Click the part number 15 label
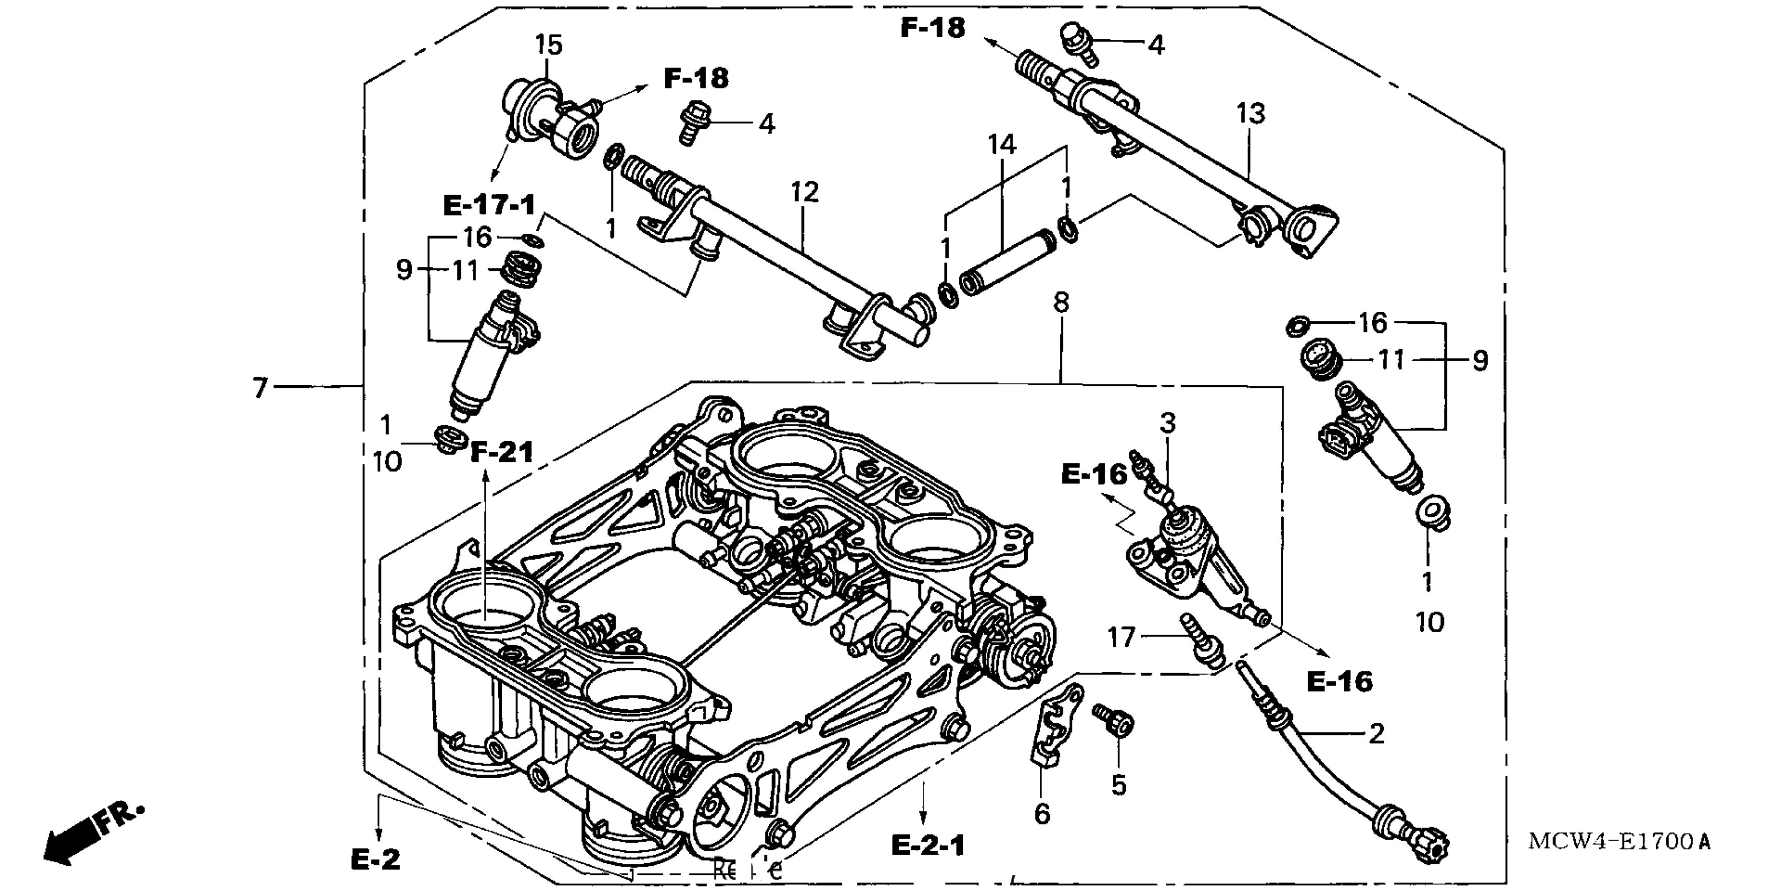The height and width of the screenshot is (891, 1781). (549, 46)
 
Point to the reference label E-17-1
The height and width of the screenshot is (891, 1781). (489, 205)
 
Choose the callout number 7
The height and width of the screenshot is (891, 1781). (260, 388)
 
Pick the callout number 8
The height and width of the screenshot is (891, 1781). (1061, 302)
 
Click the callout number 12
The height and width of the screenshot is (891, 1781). (805, 192)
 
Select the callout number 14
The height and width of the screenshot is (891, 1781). (1002, 145)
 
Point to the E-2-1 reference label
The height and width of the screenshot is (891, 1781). (928, 845)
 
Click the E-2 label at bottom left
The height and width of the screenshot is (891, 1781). (376, 860)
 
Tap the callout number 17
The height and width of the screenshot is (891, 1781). (1121, 637)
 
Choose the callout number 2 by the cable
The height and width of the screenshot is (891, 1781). (1377, 734)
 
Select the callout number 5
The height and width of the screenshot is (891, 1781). (1119, 785)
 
